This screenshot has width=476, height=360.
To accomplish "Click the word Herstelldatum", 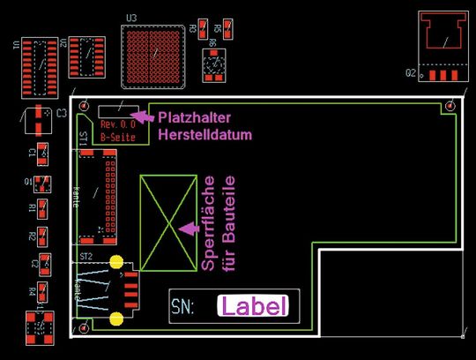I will [205, 135].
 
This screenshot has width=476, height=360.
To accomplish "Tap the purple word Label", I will [254, 307].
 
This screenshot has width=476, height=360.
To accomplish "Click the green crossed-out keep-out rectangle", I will [167, 218].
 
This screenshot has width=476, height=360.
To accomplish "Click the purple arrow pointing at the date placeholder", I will [144, 114].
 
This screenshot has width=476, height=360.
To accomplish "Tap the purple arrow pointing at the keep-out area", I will [188, 228].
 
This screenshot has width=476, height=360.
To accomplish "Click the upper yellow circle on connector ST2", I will [116, 262].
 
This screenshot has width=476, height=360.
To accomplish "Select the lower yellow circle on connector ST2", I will [116, 319].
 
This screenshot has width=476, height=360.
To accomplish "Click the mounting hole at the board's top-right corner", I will [450, 105].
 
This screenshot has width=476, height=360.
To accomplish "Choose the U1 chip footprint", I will [38, 59].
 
